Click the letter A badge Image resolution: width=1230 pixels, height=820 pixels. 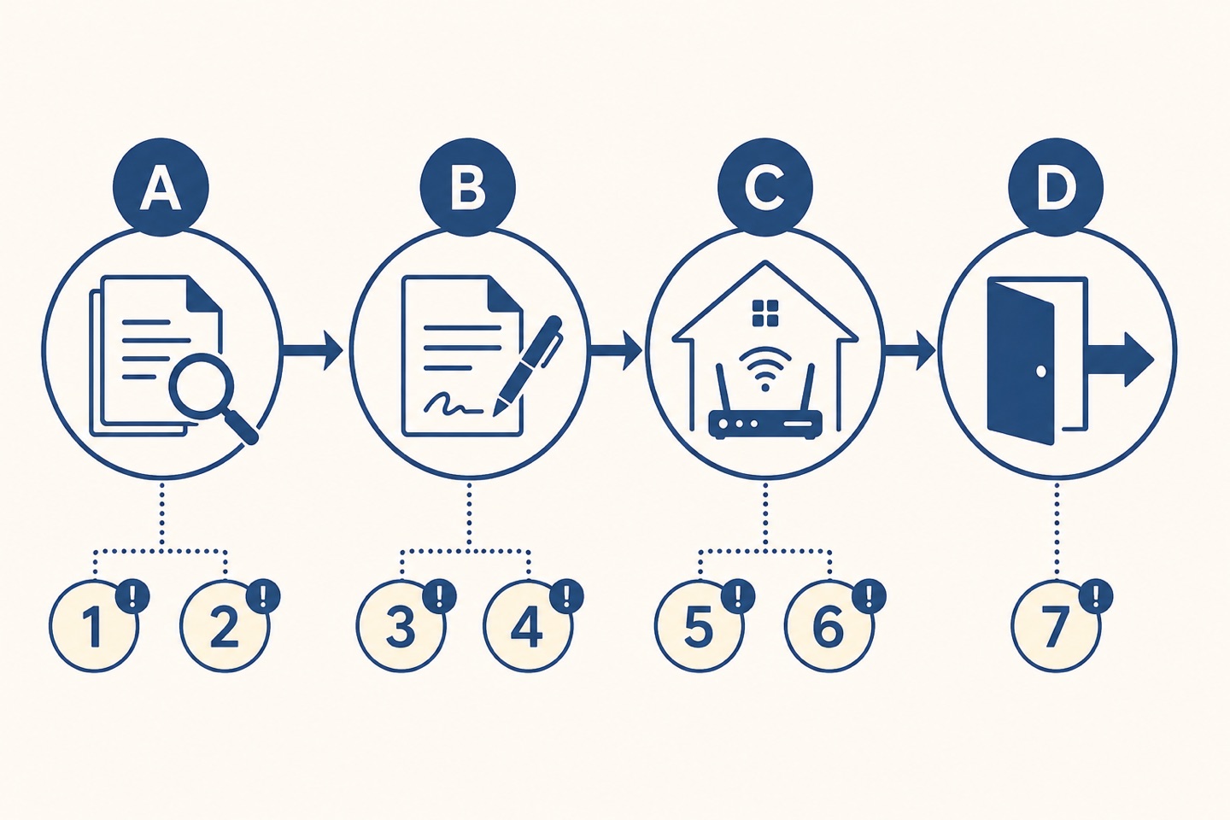tap(161, 187)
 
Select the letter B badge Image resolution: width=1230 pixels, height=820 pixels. tap(468, 187)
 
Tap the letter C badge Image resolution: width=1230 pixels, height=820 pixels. tap(765, 187)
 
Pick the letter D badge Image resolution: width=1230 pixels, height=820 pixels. tap(1057, 187)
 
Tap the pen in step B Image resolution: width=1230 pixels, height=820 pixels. tap(528, 365)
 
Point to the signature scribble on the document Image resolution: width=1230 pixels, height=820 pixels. tap(453, 404)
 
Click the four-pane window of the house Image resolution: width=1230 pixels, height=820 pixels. tap(765, 313)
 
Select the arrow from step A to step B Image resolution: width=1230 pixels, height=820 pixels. tap(312, 350)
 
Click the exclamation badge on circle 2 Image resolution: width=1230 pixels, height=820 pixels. tap(263, 595)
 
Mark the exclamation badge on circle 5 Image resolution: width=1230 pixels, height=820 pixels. tap(737, 595)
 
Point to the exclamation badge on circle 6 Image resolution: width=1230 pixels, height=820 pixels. tap(868, 595)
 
